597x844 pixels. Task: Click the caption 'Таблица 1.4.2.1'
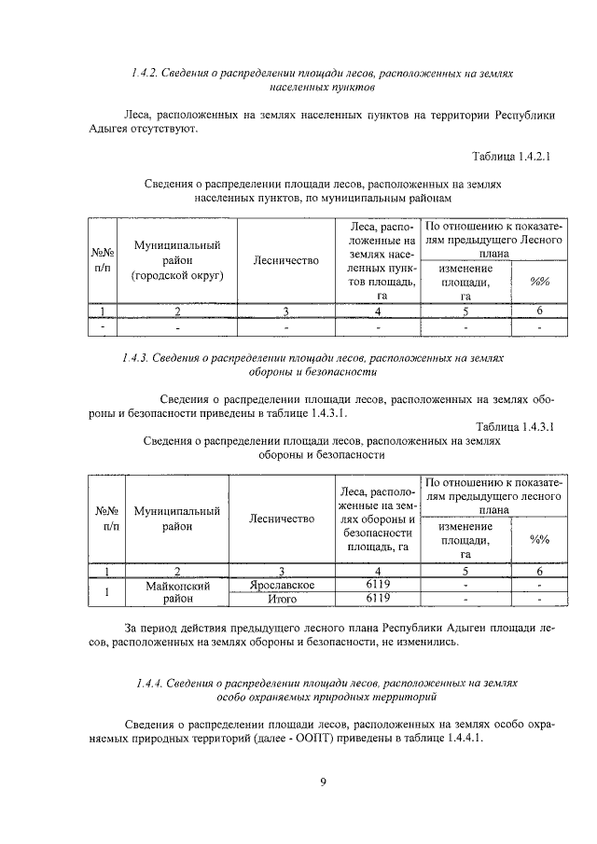tap(513, 158)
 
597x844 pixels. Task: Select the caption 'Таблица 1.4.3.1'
tap(513, 427)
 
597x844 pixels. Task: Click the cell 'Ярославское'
tap(282, 585)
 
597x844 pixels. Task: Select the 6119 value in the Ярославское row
tap(377, 585)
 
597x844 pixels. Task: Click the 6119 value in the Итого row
tap(377, 599)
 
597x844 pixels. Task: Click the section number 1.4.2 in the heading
tap(146, 73)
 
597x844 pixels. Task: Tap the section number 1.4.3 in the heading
tap(140, 357)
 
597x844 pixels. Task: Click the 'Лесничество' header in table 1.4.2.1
tap(285, 260)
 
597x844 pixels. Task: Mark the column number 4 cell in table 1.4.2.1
tap(377, 311)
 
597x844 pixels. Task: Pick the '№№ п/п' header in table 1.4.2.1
tap(103, 260)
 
